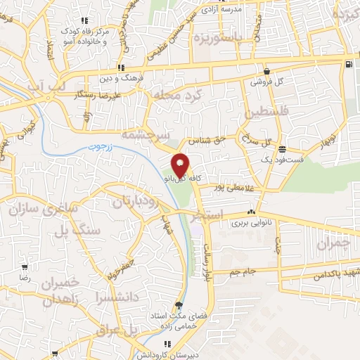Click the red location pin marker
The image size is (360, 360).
pos(180,165)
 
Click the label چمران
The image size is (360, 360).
pos(333,245)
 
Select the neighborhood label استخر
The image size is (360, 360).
pos(206,214)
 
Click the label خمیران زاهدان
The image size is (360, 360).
pos(48,291)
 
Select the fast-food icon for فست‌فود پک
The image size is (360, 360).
pos(282,148)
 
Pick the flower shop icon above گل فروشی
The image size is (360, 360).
pos(267,71)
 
